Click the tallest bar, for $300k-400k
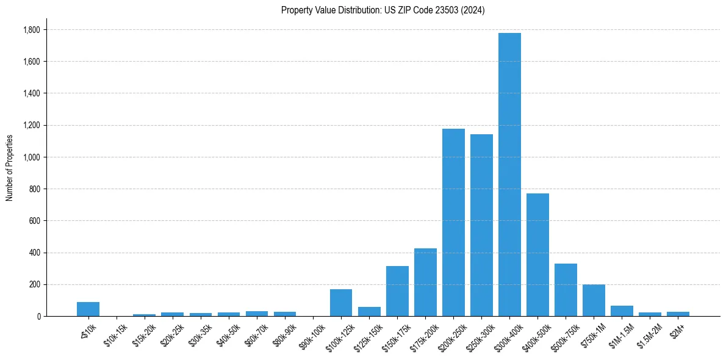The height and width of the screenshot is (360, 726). pos(509,175)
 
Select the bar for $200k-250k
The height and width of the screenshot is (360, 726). pos(453,223)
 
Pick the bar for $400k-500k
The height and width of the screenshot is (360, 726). pos(537,255)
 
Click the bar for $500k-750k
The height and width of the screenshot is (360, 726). pos(566,290)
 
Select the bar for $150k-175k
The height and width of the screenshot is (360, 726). pos(397,291)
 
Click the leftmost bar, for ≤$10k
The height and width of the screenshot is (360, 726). pos(88,309)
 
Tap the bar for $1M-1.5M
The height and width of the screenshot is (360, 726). pos(622,311)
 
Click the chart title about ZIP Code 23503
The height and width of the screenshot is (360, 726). pos(383,10)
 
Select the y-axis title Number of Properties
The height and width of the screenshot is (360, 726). pos(10,168)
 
